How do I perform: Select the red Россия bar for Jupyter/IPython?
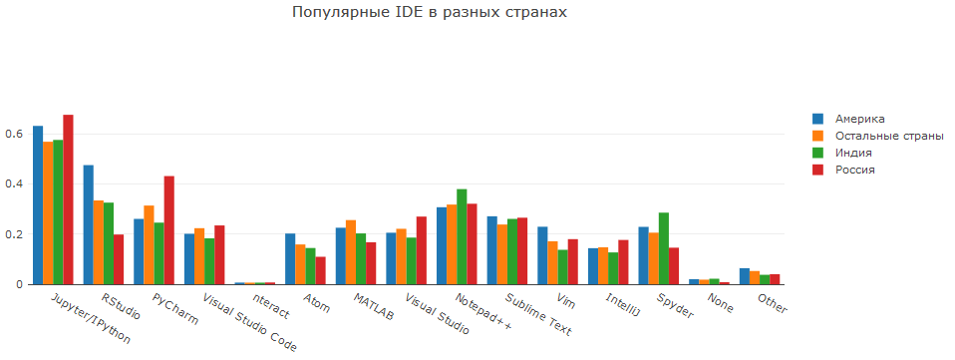[68, 199]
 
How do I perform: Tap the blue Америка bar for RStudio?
[88, 224]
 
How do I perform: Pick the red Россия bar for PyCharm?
[169, 230]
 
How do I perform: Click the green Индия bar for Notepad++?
[462, 236]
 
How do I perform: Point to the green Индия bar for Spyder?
[664, 248]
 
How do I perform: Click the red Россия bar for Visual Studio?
[422, 250]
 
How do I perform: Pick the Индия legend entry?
[853, 153]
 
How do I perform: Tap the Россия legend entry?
[854, 170]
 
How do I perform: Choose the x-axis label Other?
[772, 302]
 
